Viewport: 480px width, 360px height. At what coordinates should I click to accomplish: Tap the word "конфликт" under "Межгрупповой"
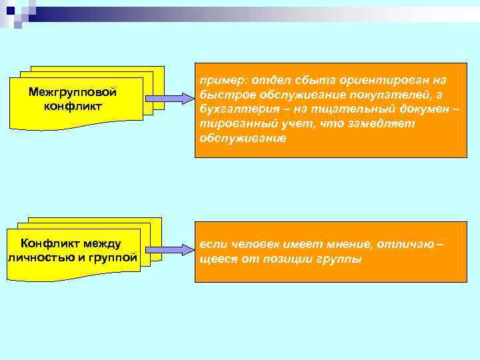73,105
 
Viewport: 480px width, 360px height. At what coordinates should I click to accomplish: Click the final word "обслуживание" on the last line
242,139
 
